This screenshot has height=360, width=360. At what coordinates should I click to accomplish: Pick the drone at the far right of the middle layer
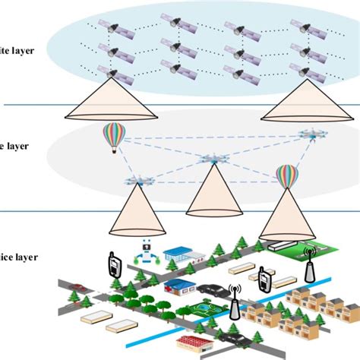coord(309,134)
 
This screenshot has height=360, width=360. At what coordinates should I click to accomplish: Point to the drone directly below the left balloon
coord(137,182)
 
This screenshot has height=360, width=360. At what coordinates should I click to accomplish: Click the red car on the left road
coord(76,288)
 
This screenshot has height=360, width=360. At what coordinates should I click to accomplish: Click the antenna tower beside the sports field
coord(234,302)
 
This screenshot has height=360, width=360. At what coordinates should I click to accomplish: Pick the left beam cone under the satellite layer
coord(99,103)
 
